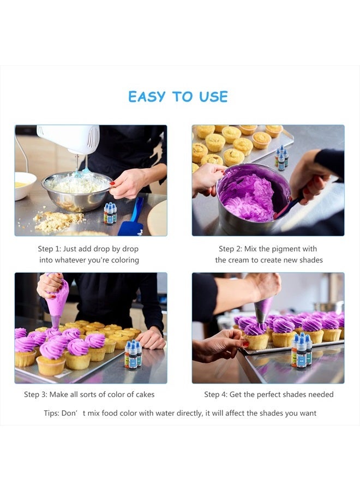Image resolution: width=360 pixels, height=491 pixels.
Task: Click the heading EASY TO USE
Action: click(178, 97)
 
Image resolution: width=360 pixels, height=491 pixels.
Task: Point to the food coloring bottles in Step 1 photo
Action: click(110, 213)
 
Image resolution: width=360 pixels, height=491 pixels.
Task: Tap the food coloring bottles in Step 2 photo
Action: click(281, 158)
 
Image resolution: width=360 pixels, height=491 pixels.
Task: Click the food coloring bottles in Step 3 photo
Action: click(133, 354)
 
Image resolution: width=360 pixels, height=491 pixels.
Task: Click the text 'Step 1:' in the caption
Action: click(49, 249)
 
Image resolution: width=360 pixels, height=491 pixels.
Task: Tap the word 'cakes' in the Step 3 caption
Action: click(142, 394)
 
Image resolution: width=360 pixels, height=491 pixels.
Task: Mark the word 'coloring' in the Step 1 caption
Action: click(124, 260)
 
